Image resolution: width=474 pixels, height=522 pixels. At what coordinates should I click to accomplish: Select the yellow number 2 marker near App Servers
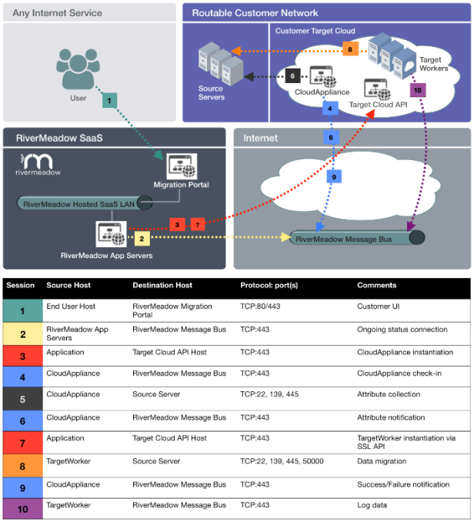141,239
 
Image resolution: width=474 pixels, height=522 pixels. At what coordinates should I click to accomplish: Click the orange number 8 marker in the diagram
350,50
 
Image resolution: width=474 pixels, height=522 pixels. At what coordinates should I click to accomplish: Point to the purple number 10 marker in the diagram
417,90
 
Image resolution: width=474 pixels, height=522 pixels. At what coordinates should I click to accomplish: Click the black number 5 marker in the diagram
292,75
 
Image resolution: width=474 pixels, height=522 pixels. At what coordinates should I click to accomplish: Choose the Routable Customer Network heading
255,13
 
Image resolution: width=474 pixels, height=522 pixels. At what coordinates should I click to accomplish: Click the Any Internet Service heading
58,13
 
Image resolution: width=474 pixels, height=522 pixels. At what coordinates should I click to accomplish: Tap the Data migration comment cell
382,461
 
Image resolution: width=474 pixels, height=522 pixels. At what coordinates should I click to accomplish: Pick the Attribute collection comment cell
389,394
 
